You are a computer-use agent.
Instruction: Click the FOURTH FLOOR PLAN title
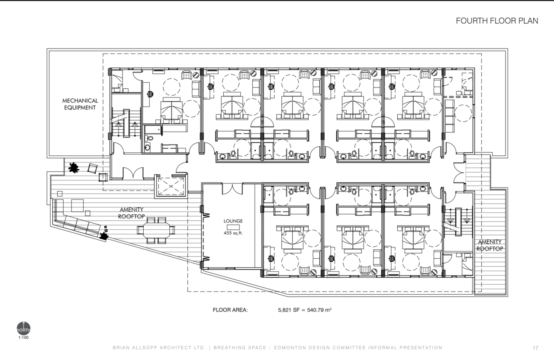pyautogui.click(x=497, y=21)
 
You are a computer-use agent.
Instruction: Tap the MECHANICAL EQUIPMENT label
pyautogui.click(x=80, y=104)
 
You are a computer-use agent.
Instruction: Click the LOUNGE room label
pyautogui.click(x=233, y=221)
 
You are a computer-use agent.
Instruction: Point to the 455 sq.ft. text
pyautogui.click(x=233, y=233)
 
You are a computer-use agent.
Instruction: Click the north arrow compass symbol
pyautogui.click(x=23, y=328)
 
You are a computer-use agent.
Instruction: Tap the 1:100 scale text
pyautogui.click(x=23, y=337)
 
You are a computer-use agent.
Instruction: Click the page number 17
pyautogui.click(x=535, y=348)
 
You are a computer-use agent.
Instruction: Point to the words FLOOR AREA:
pyautogui.click(x=230, y=310)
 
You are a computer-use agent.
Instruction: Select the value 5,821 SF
pyautogui.click(x=288, y=310)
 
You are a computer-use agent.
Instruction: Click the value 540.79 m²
pyautogui.click(x=319, y=310)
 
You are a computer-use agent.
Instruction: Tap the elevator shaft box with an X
pyautogui.click(x=171, y=186)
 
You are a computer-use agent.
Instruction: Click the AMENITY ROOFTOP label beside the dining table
pyautogui.click(x=131, y=213)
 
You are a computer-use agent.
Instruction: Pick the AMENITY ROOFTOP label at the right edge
pyautogui.click(x=490, y=245)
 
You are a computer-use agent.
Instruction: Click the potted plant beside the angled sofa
pyautogui.click(x=103, y=236)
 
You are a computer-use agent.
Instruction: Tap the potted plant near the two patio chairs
pyautogui.click(x=74, y=167)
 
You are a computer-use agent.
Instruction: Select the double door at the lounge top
pyautogui.click(x=232, y=189)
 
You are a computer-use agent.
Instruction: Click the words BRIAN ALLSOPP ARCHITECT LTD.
pyautogui.click(x=159, y=347)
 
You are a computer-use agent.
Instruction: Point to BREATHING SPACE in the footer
pyautogui.click(x=240, y=347)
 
